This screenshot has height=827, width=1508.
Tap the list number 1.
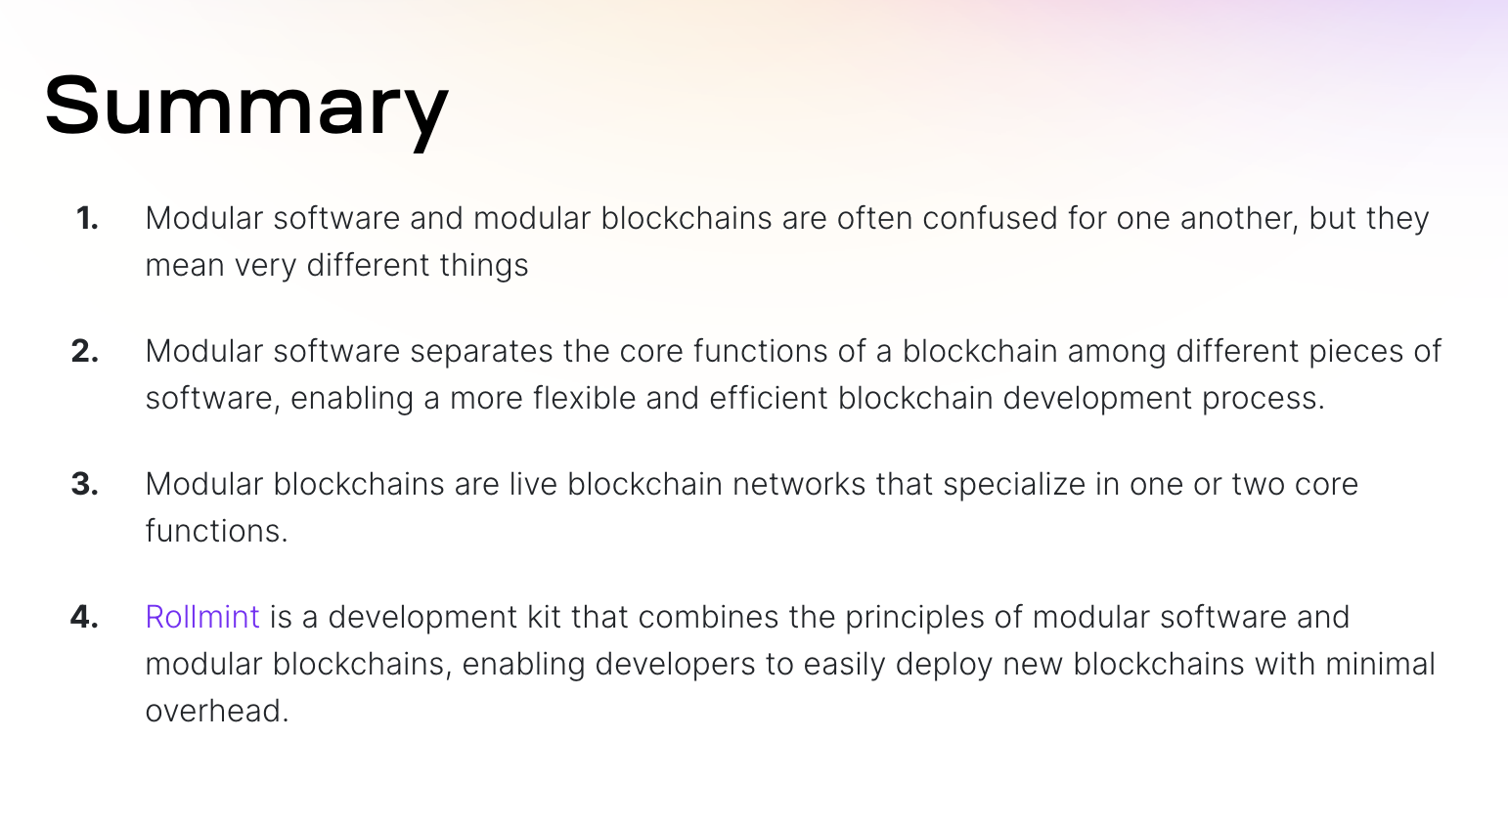coord(87,219)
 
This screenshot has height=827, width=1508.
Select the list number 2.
coord(85,351)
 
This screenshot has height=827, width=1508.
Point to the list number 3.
coord(85,485)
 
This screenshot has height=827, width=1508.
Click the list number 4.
coord(84,617)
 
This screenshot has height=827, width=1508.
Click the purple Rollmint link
coord(202,617)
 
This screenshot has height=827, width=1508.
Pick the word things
coord(484,266)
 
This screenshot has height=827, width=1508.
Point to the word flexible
coord(585,398)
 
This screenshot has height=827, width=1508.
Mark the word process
coord(1264,400)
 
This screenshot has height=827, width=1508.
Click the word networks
coord(799,485)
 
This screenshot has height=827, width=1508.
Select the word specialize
coord(1014,486)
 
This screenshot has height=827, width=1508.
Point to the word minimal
coord(1381,664)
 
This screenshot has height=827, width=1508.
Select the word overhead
coord(217,712)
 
